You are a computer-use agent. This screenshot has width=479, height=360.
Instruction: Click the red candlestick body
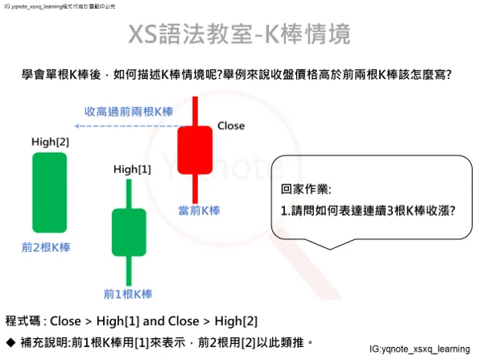coord(195,149)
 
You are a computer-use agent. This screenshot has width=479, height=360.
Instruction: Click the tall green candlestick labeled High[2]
coord(49,192)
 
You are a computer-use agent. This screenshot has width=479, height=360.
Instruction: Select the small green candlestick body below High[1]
coord(128,230)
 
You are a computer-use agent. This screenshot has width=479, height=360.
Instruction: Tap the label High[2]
coord(50,143)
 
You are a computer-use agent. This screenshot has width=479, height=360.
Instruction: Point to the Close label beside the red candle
coord(231,126)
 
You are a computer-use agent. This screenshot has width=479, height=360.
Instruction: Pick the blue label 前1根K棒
coord(128,293)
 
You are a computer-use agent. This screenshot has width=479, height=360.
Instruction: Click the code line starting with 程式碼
coord(132,321)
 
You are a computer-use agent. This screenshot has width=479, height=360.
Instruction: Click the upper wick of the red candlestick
coord(195,111)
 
